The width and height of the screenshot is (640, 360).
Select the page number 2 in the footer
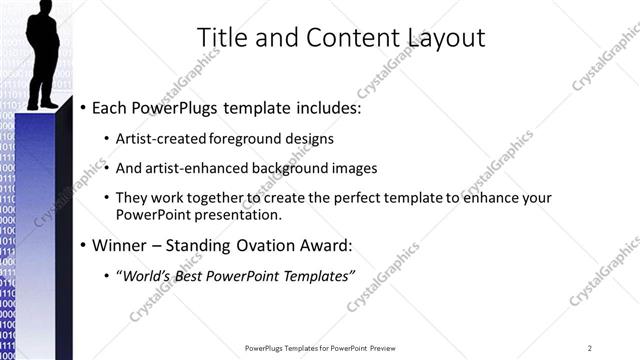click(x=590, y=347)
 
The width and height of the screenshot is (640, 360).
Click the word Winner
click(x=118, y=245)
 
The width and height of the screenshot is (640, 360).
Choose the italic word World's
click(x=147, y=276)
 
